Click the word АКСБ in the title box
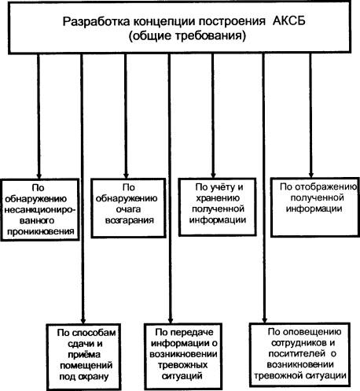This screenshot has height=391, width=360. pos(289,21)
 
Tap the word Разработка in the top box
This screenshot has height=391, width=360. pos(96,22)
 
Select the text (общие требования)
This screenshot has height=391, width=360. pos(187,36)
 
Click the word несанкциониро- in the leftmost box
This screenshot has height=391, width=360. pos(40,210)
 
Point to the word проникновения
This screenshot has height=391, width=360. pos(41,232)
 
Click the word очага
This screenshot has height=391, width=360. pos(128,210)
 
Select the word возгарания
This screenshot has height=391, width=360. pos(130,220)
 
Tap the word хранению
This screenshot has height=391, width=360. pos(218,198)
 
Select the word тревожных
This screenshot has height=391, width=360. pos(183,365)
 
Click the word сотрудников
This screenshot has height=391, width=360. pos(297,343)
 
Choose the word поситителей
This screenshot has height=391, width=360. pos(297,354)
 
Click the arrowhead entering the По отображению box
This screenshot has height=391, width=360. pos(311,175)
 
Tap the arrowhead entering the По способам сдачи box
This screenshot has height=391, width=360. pos(83,321)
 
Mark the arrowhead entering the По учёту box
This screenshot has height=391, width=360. pos(213,175)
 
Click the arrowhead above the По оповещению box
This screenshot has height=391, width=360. pos(264,320)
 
